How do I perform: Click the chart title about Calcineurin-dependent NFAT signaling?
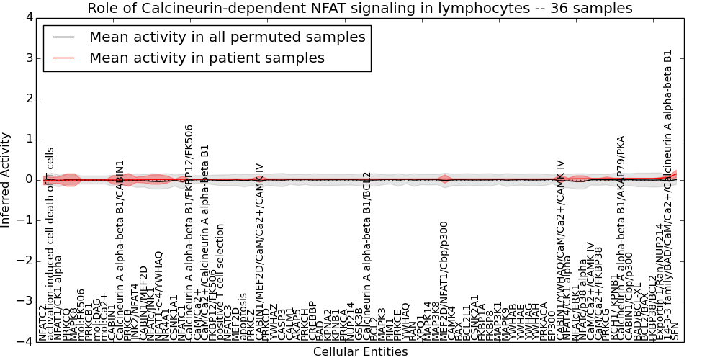(x=359, y=8)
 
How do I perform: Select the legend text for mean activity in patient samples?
(x=207, y=58)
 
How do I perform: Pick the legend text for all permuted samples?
(x=227, y=37)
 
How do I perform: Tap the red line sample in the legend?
(x=63, y=58)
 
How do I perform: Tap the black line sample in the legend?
(x=63, y=37)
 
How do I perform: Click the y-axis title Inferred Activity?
(x=6, y=179)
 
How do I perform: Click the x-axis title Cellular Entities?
(x=360, y=351)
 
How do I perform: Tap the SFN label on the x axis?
(x=675, y=330)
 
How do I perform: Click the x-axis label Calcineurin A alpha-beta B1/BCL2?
(x=366, y=256)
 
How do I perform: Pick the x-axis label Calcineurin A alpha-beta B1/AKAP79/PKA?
(x=621, y=238)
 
